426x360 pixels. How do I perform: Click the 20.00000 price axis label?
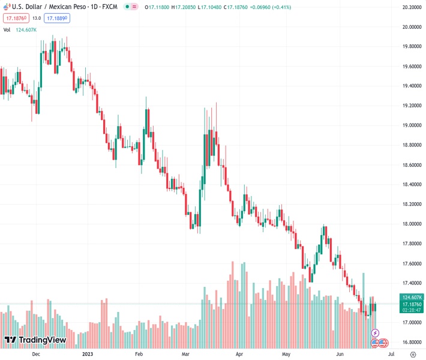pyautogui.click(x=410, y=27)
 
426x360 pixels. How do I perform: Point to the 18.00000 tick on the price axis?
pyautogui.click(x=410, y=224)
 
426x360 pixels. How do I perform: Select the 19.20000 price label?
pyautogui.click(x=410, y=106)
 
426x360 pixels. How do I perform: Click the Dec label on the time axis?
pyautogui.click(x=36, y=355)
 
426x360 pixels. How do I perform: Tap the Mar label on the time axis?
pyautogui.click(x=187, y=355)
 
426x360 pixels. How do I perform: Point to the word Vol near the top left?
pyautogui.click(x=7, y=29)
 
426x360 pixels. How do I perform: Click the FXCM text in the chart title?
pyautogui.click(x=109, y=7)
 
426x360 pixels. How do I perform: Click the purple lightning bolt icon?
pyautogui.click(x=376, y=332)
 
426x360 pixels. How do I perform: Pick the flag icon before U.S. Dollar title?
pyautogui.click(x=7, y=7)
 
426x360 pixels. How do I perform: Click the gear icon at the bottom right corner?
pyautogui.click(x=413, y=355)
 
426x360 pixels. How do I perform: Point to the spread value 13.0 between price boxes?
pyautogui.click(x=37, y=18)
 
